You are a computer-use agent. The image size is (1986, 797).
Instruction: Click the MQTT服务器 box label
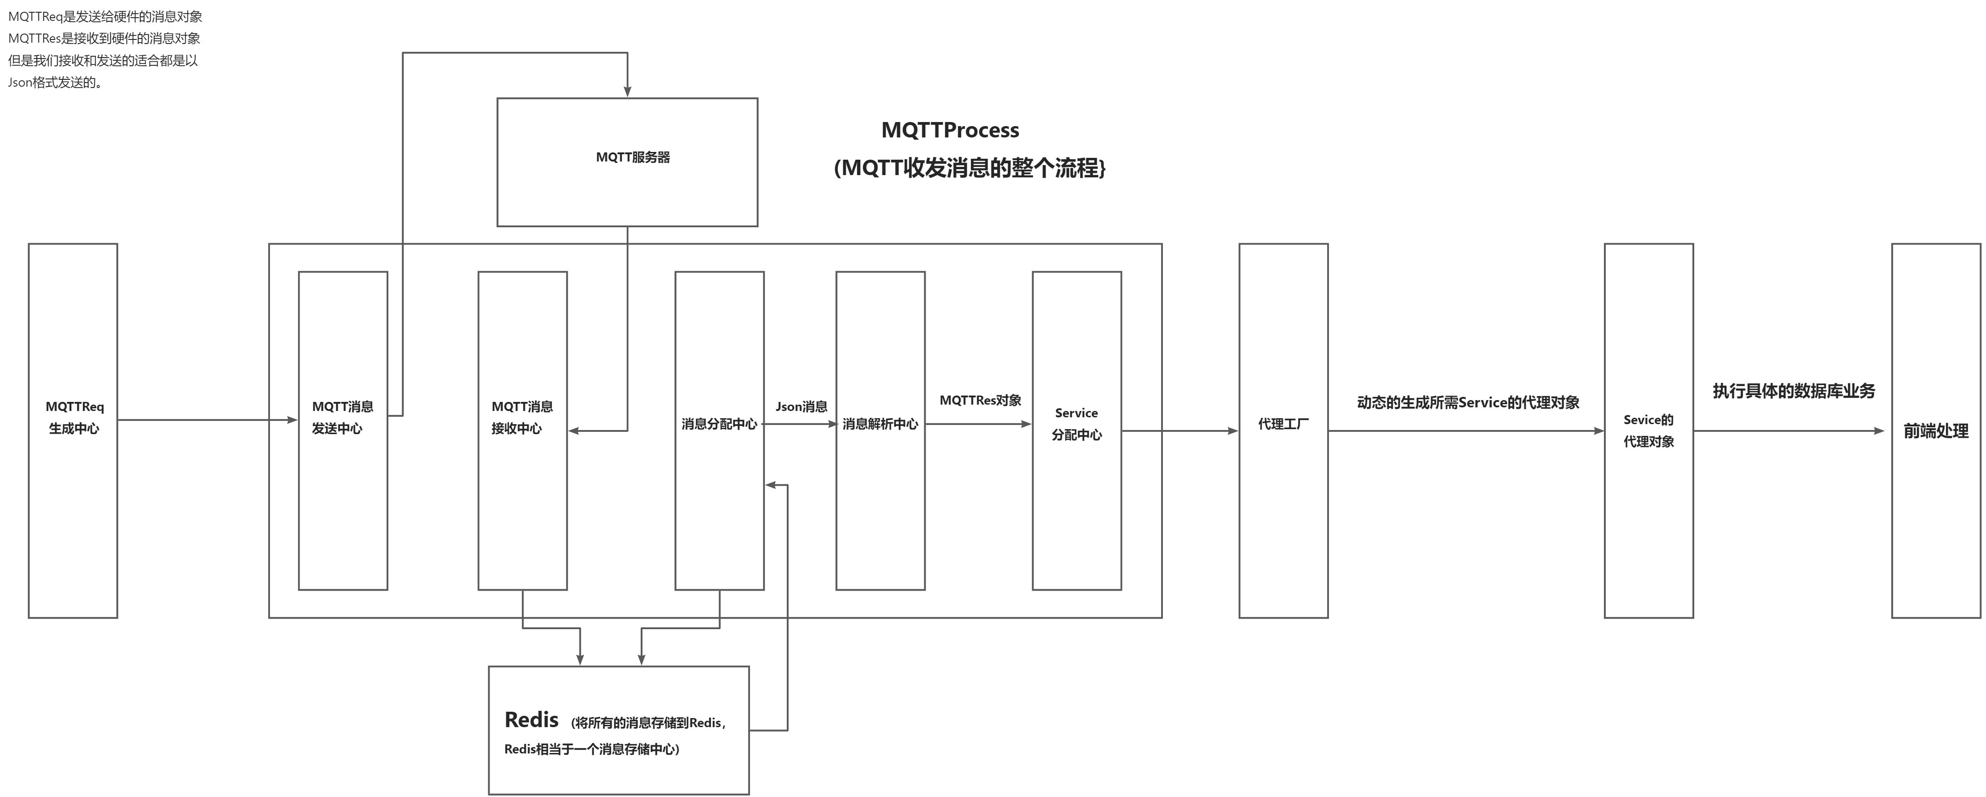pyautogui.click(x=632, y=157)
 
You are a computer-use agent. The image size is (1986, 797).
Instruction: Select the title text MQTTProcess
pyautogui.click(x=950, y=130)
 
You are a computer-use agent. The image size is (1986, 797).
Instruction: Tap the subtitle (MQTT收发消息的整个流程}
pyautogui.click(x=969, y=168)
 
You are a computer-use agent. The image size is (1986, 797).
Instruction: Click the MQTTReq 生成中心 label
pyautogui.click(x=74, y=417)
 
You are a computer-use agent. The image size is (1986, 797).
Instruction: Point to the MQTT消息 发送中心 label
pyautogui.click(x=342, y=417)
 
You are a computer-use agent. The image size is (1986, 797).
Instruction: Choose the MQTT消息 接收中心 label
pyautogui.click(x=522, y=417)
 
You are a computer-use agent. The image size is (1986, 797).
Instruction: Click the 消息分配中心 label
pyautogui.click(x=719, y=424)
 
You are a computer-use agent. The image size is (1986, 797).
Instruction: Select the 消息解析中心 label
pyautogui.click(x=880, y=424)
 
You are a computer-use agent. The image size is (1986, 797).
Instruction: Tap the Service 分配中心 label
pyautogui.click(x=1076, y=424)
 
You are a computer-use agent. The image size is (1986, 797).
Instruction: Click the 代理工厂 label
pyautogui.click(x=1283, y=424)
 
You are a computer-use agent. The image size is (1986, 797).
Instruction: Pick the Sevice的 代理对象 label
pyautogui.click(x=1648, y=430)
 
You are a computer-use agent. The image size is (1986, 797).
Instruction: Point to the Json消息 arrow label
pyautogui.click(x=801, y=406)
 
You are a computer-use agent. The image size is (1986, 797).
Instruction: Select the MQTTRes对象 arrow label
pyautogui.click(x=980, y=400)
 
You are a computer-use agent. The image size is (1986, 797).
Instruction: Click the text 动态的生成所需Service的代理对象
pyautogui.click(x=1468, y=402)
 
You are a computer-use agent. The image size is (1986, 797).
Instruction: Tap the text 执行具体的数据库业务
pyautogui.click(x=1793, y=391)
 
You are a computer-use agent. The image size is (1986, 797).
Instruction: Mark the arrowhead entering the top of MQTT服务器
pyautogui.click(x=628, y=92)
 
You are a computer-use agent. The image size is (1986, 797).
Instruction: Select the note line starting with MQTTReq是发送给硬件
pyautogui.click(x=105, y=16)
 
